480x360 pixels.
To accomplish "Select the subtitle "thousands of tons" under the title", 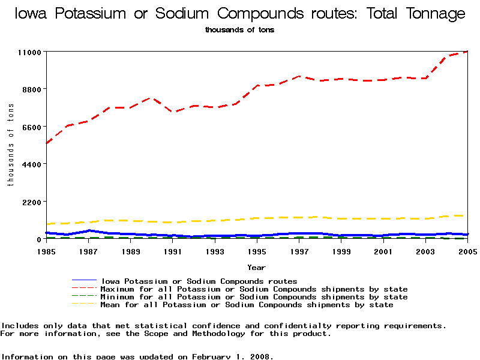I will pyautogui.click(x=239, y=29).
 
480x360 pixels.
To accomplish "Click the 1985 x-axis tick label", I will pyautogui.click(x=46, y=251).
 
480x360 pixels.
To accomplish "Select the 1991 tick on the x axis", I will pyautogui.click(x=173, y=251).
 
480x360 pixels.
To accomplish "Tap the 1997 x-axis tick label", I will pyautogui.click(x=299, y=251).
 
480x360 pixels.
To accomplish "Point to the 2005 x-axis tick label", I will pyautogui.click(x=467, y=251).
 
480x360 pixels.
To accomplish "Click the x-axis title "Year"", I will pyautogui.click(x=256, y=268).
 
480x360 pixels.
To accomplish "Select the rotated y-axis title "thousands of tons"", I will pyautogui.click(x=10, y=145).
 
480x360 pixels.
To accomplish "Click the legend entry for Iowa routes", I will pyautogui.click(x=199, y=281).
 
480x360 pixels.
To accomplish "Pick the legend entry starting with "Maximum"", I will pyautogui.click(x=254, y=289).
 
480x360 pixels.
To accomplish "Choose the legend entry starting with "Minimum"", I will pyautogui.click(x=254, y=297).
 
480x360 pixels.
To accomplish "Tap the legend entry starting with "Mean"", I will pyautogui.click(x=247, y=305).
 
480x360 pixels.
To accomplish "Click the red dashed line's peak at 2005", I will pyautogui.click(x=466, y=52).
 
